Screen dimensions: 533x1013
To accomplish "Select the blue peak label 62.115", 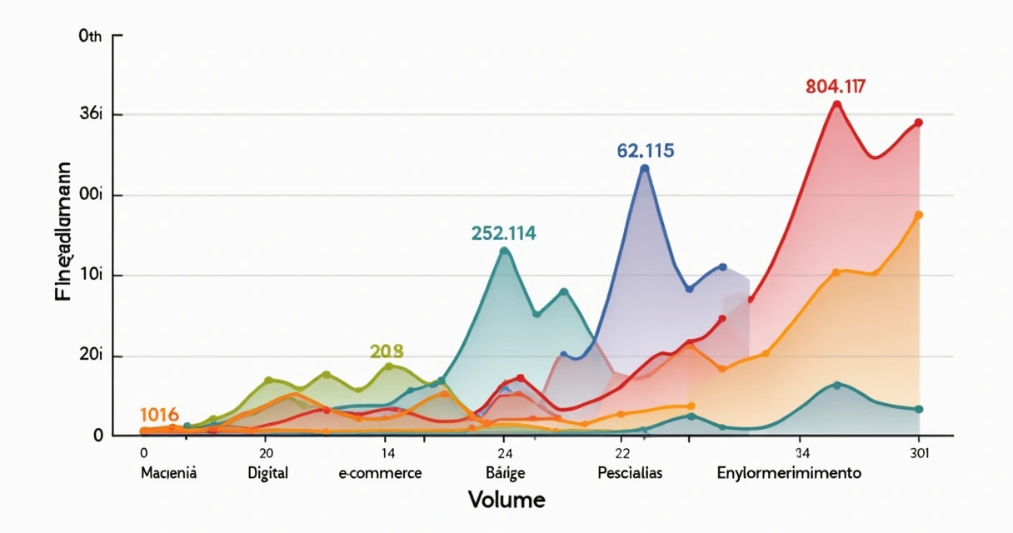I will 646,151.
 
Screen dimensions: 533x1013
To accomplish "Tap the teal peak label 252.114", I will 503,233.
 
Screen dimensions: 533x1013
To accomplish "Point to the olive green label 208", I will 386,351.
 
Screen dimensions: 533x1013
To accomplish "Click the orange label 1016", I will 159,415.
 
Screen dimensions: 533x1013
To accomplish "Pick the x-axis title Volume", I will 506,501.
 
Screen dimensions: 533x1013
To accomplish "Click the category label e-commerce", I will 380,473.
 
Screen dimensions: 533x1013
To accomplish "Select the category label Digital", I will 267,473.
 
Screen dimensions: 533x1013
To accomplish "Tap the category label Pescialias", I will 630,473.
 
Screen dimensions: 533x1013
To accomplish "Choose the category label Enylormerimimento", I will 789,473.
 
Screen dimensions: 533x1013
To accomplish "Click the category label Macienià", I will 169,473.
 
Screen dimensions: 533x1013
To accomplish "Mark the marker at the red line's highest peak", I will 837,105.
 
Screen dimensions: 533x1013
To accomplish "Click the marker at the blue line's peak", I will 644,168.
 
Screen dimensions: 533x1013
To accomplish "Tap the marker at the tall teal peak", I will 504,250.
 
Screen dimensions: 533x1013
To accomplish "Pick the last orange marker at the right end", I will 919,215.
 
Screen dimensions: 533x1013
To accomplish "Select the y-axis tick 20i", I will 90,356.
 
